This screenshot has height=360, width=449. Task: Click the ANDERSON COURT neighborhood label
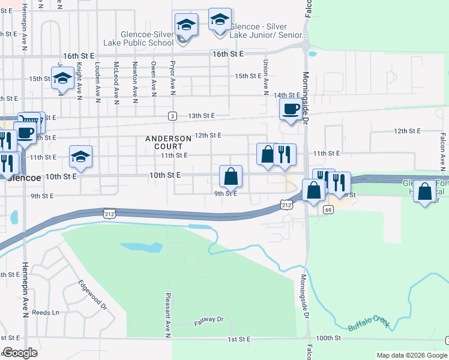[x=168, y=142]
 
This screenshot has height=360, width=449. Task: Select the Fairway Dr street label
[x=208, y=322]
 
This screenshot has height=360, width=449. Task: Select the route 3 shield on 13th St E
[x=172, y=115]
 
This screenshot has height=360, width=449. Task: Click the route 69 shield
[x=328, y=209]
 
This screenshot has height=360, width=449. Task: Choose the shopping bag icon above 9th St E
[x=231, y=176]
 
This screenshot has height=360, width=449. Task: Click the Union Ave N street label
[x=265, y=77]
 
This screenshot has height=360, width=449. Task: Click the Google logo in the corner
[x=20, y=353]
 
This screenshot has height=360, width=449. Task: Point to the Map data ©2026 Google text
[x=411, y=355]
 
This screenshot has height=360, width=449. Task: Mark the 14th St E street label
[x=286, y=95]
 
